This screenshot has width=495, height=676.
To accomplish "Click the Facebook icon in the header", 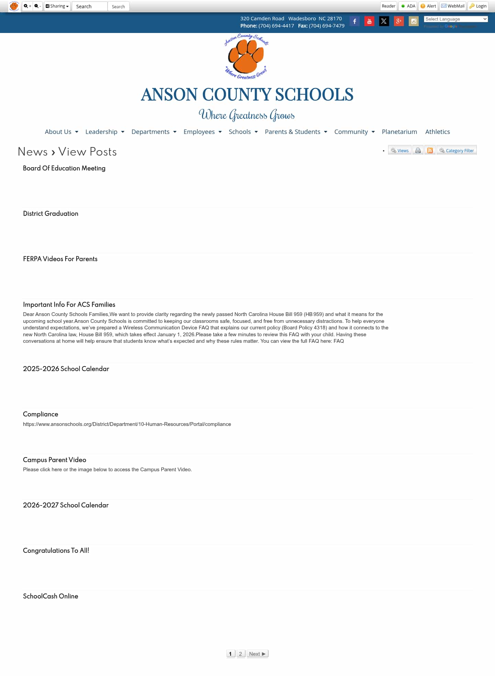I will [354, 21].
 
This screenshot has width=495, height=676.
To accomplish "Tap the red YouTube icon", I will [369, 21].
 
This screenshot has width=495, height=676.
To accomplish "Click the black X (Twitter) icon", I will [384, 21].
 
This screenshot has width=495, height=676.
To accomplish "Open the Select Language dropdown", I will [455, 19].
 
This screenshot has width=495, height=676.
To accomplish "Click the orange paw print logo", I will [246, 56].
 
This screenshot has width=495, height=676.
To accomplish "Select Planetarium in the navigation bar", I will [399, 132].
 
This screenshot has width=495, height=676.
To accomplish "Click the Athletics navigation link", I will [437, 132].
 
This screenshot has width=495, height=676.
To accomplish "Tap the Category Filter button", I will [456, 150].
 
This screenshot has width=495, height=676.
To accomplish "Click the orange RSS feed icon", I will [430, 150].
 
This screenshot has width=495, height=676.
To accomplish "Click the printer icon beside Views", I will [418, 150].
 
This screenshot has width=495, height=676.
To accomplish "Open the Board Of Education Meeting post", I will [64, 168].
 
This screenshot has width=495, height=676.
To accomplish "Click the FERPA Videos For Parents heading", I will [60, 259].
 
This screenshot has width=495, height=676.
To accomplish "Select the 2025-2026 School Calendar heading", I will [66, 369].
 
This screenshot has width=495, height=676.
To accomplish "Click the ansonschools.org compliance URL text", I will [127, 424].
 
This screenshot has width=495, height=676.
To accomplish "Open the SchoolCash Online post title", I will [51, 596].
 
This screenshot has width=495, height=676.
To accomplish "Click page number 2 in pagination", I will [241, 654].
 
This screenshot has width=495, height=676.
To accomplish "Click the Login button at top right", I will [478, 6].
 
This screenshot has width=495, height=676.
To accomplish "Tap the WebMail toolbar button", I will [453, 6].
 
